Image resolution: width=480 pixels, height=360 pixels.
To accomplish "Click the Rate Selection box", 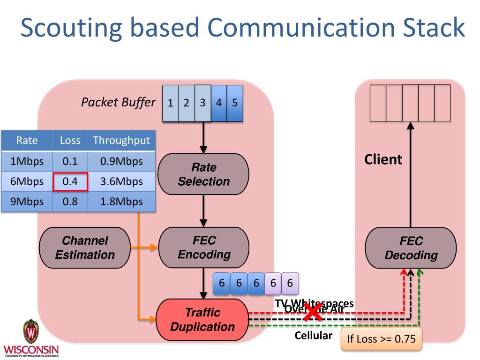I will pyautogui.click(x=203, y=174).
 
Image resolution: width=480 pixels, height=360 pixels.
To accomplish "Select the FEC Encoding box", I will pyautogui.click(x=204, y=247).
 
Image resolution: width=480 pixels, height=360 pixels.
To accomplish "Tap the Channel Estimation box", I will pyautogui.click(x=85, y=247).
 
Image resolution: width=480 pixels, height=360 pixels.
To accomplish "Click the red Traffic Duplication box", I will pyautogui.click(x=202, y=320).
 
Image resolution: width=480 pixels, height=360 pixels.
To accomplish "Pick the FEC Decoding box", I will pyautogui.click(x=411, y=248).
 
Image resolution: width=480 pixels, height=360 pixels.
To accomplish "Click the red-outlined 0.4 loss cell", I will pyautogui.click(x=70, y=182).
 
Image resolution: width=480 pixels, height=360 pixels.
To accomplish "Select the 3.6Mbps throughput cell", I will pyautogui.click(x=121, y=182).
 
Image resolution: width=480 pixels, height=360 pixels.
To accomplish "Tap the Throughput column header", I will pyautogui.click(x=121, y=140).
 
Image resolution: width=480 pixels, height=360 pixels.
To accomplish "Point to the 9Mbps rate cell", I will pyautogui.click(x=27, y=202).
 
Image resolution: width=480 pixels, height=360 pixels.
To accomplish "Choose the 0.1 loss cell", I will pyautogui.click(x=70, y=161).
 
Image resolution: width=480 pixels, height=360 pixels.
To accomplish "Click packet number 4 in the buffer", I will pyautogui.click(x=218, y=103).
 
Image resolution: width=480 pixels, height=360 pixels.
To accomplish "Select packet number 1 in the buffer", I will pyautogui.click(x=171, y=103).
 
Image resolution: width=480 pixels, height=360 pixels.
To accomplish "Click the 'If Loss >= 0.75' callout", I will pyautogui.click(x=381, y=339).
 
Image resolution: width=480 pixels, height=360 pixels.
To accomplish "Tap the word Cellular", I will pyautogui.click(x=314, y=336).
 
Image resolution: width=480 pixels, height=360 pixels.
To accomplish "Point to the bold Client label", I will pyautogui.click(x=383, y=159).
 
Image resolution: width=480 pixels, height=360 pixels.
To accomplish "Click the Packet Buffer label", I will pyautogui.click(x=118, y=102).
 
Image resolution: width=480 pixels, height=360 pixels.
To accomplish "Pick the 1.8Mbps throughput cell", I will pyautogui.click(x=121, y=202).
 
